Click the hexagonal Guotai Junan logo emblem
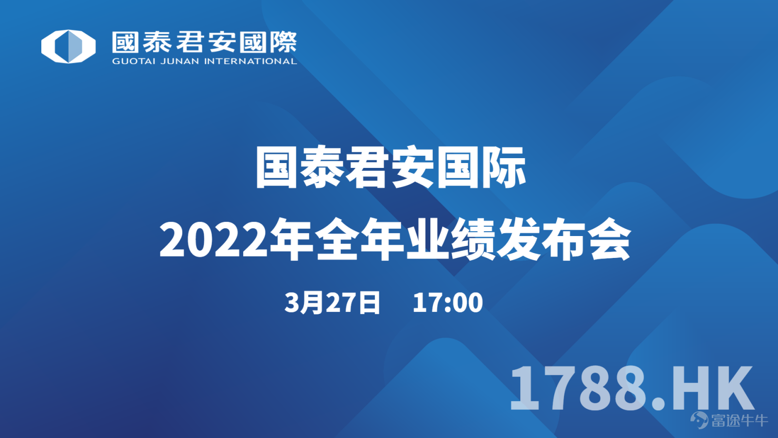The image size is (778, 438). (69, 47)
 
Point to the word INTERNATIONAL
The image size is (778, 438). (250, 61)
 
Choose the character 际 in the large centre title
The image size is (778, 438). (504, 167)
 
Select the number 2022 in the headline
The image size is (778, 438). (213, 240)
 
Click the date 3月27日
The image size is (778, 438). (332, 302)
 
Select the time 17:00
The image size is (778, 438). (448, 302)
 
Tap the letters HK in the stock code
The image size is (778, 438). (713, 388)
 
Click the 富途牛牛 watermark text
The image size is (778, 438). (739, 420)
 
